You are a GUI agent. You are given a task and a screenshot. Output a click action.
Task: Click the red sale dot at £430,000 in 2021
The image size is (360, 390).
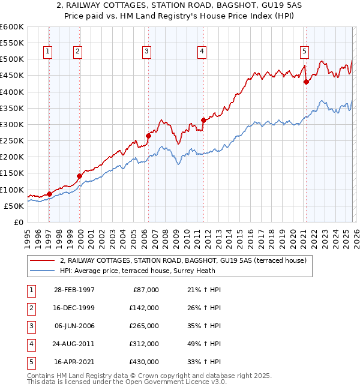coord(306,82)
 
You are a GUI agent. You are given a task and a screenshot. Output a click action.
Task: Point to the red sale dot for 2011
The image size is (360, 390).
coord(203,120)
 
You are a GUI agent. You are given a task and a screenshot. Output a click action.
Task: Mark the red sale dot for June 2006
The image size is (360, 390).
coord(148,136)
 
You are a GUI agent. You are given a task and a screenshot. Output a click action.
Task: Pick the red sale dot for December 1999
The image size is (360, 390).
coord(79,176)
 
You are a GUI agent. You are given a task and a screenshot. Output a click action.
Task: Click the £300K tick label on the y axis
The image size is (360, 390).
coord(12,124)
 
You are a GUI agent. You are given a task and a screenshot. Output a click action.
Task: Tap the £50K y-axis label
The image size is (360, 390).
coord(14,206)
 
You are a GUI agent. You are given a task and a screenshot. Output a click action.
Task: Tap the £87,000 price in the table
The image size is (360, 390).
coord(144,289)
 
